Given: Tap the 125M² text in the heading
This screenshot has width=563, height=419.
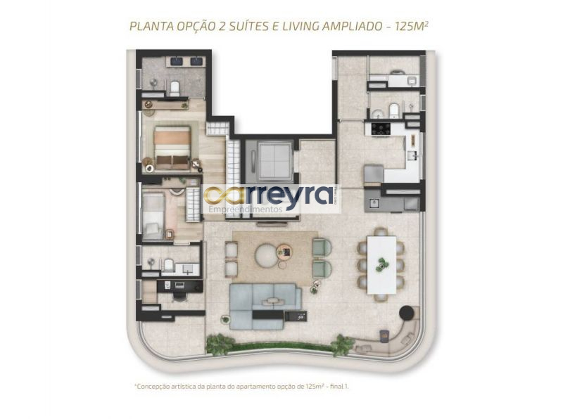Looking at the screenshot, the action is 411,26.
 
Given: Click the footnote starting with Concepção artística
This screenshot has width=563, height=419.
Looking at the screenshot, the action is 241,387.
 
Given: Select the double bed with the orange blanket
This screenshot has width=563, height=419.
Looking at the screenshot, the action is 172,147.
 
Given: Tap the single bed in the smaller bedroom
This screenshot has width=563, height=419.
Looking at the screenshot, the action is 153,217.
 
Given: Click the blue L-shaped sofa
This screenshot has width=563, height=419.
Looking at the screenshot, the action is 265,306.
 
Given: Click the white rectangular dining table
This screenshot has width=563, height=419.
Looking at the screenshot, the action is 381,265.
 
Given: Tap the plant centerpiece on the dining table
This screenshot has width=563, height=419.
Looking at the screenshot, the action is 381,264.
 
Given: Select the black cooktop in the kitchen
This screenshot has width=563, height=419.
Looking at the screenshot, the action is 381,129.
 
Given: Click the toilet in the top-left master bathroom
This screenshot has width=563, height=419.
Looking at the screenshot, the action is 175,88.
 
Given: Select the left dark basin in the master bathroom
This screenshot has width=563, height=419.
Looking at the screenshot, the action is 177,61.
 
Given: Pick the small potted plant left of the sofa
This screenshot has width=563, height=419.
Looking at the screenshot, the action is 225,319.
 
